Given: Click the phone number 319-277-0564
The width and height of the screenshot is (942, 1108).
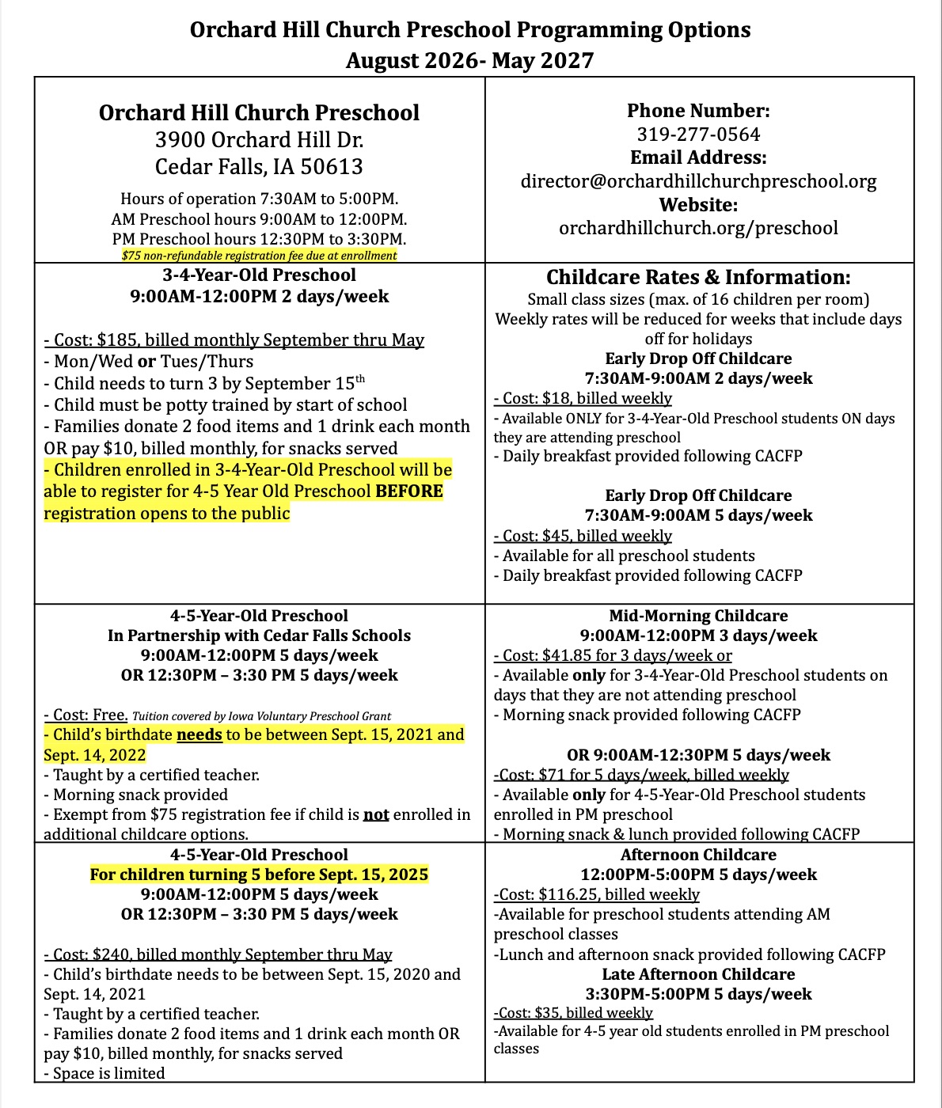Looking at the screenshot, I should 698,135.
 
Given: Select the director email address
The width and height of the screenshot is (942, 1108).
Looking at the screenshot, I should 698,181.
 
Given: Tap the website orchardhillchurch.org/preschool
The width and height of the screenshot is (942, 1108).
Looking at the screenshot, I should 698,228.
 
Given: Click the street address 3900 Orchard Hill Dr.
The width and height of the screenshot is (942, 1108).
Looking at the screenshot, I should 260,140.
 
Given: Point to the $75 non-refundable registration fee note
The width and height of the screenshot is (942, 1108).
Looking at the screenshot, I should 260,256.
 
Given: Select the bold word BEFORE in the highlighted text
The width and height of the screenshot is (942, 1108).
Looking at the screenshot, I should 409,491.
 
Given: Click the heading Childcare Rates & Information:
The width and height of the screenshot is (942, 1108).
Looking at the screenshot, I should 698,278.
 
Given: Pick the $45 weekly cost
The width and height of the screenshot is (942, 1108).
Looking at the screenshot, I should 556,536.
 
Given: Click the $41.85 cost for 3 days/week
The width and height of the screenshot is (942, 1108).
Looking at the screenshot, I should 568,655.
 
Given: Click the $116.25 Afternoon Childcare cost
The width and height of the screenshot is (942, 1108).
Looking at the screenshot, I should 567,894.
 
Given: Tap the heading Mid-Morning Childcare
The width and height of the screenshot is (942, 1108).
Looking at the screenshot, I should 698,616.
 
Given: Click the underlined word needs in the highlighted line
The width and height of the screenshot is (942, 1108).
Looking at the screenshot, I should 199,734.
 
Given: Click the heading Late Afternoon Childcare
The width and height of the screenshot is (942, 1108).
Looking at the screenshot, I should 698,974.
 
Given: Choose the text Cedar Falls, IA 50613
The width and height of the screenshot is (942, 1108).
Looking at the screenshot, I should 260,167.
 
